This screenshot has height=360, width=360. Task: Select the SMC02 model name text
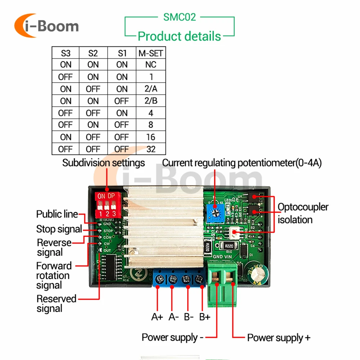(x=179, y=17)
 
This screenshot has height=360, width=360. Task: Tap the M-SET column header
(x=151, y=53)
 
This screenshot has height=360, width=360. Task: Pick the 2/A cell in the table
(x=151, y=89)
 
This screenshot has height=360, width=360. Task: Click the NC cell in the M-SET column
(x=151, y=65)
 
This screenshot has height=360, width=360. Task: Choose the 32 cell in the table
(x=151, y=149)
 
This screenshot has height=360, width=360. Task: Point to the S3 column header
(x=66, y=53)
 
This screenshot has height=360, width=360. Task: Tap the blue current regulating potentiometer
(x=215, y=211)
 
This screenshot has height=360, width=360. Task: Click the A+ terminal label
(x=157, y=317)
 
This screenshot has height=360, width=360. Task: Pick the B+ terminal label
(x=205, y=317)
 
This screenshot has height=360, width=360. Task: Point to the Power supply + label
(x=278, y=338)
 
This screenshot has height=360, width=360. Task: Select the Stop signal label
(x=59, y=229)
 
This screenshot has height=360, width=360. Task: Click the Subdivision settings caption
(x=104, y=163)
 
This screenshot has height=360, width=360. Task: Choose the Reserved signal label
(x=56, y=303)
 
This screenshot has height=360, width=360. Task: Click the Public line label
(x=57, y=214)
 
